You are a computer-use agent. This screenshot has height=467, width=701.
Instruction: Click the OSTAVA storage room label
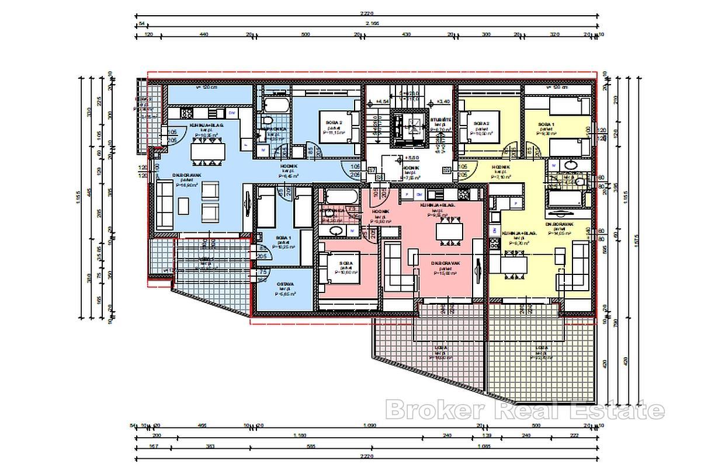(x=285, y=284)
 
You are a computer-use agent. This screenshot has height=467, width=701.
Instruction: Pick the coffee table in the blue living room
(x=184, y=204)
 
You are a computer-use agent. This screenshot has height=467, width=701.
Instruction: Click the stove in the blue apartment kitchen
(x=187, y=113)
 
